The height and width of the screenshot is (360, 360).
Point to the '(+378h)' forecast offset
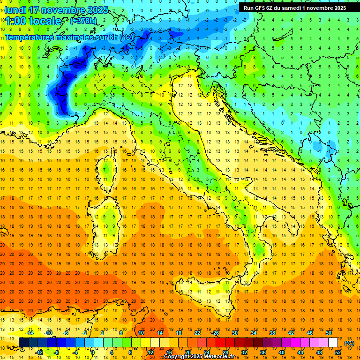tap(84, 21)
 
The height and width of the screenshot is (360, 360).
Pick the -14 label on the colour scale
tap(30, 333)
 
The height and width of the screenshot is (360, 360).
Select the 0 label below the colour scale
tap(93, 352)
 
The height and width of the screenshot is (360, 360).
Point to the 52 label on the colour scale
tap(338, 352)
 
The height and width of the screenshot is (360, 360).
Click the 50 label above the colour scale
tap(329, 333)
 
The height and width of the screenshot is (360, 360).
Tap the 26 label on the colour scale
tap(216, 333)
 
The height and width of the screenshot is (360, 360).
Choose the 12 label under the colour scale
tap(150, 352)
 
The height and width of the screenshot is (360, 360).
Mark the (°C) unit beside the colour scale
tap(349, 343)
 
